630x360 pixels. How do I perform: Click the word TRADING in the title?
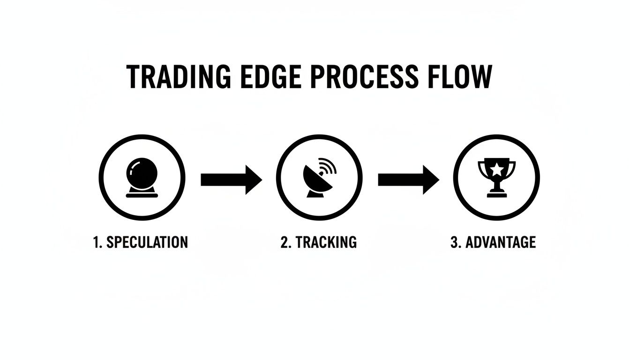179,77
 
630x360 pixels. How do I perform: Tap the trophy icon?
496,177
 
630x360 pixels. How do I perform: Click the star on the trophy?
496,168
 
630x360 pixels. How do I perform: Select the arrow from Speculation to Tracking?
231,179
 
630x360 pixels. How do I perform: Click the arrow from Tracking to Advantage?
408,179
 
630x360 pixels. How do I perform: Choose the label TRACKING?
325,242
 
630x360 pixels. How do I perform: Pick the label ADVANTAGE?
500,242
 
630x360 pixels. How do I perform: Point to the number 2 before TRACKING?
285,242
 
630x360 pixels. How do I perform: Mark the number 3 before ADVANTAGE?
454,242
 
